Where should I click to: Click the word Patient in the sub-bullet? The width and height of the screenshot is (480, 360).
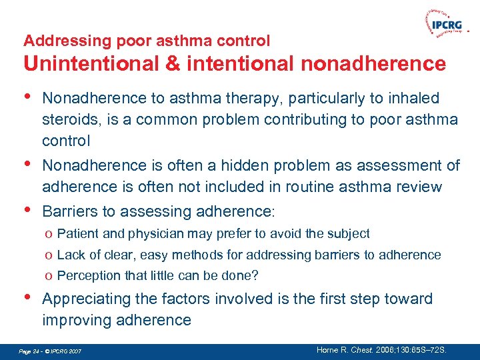pos(77,233)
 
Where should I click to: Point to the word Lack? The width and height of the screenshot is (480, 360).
pos(71,255)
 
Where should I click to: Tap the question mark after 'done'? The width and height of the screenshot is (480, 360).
pos(255,275)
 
